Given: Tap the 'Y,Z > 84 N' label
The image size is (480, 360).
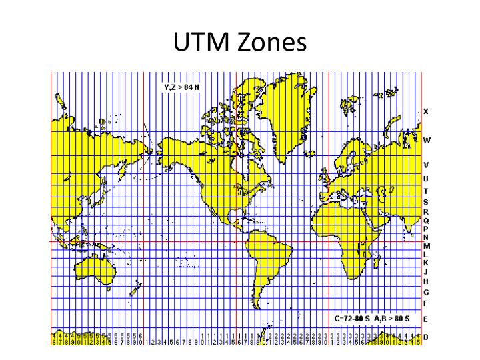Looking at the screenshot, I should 181,87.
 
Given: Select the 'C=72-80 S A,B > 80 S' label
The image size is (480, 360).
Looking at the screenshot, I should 372,318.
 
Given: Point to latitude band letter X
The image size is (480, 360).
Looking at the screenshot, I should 426,111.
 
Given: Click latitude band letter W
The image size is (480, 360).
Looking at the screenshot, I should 427,141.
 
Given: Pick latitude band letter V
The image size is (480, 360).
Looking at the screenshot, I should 426,165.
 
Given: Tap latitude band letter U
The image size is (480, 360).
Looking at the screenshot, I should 426,179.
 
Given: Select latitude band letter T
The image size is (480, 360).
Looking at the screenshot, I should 426,192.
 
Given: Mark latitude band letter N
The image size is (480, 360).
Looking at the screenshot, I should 426,237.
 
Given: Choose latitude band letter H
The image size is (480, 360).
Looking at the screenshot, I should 426,281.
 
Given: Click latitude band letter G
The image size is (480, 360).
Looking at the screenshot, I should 426,292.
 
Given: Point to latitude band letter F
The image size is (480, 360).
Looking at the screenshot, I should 426,303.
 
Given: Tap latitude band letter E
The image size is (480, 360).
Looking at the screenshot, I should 426,319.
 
